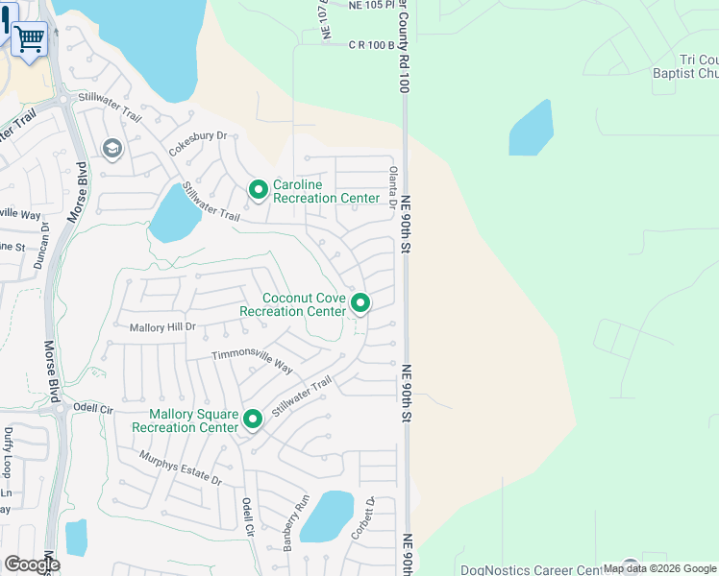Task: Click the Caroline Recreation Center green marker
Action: [258, 190]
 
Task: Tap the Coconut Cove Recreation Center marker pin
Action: [360, 303]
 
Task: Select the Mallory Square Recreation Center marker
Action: [253, 419]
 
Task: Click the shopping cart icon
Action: [30, 39]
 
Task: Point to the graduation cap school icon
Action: [112, 148]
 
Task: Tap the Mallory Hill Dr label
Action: [162, 327]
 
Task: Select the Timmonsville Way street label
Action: [252, 361]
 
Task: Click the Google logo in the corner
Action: [32, 564]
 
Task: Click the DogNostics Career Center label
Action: [538, 569]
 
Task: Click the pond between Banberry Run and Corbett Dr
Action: [327, 517]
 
